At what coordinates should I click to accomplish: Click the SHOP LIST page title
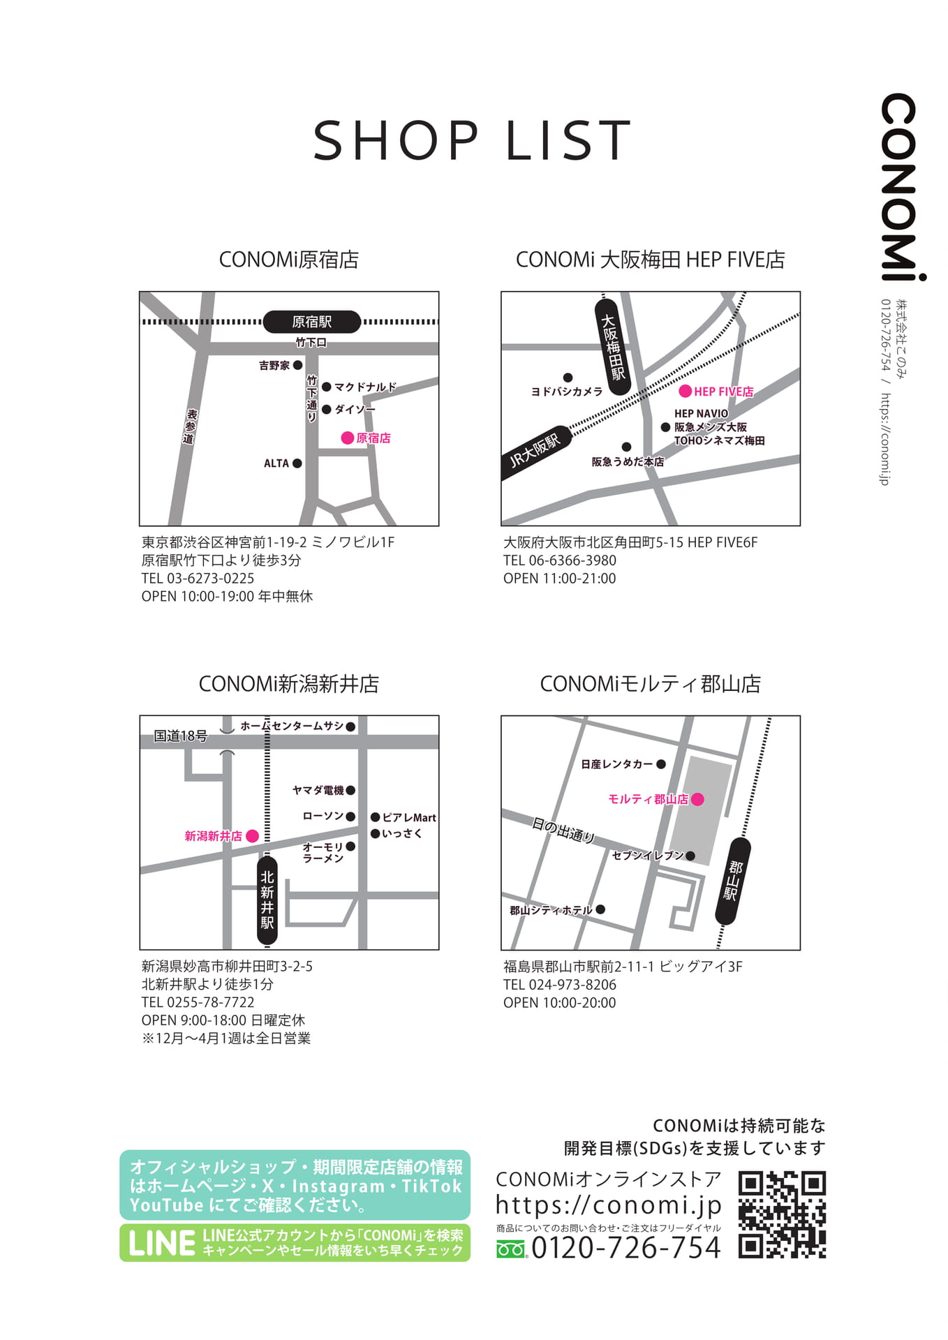pos(473,140)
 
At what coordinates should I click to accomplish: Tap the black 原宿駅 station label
pos(312,322)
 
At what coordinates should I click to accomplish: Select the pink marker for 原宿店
pos(347,438)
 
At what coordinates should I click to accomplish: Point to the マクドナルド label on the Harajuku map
pos(365,387)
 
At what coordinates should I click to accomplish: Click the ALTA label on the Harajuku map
pos(276,463)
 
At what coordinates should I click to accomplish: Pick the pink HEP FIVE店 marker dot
pos(686,392)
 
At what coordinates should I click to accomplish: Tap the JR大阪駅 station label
pos(536,452)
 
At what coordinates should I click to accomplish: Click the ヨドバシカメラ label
pos(567,392)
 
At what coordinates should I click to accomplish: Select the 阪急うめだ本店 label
pos(628,461)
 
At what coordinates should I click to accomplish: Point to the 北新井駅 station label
pos(267,900)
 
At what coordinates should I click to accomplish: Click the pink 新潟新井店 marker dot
pos(253,835)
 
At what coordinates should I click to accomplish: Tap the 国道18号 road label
pos(181,736)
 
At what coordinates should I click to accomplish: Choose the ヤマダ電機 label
pos(318,790)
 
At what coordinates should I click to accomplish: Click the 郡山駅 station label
pos(733,881)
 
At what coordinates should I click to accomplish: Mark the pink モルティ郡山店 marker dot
pos(697,798)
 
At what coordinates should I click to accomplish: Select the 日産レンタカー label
pos(617,764)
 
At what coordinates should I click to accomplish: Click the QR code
pos(782,1215)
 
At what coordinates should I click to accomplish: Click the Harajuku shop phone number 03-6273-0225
pos(210,578)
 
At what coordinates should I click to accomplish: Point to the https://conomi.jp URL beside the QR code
pos(608,1205)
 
